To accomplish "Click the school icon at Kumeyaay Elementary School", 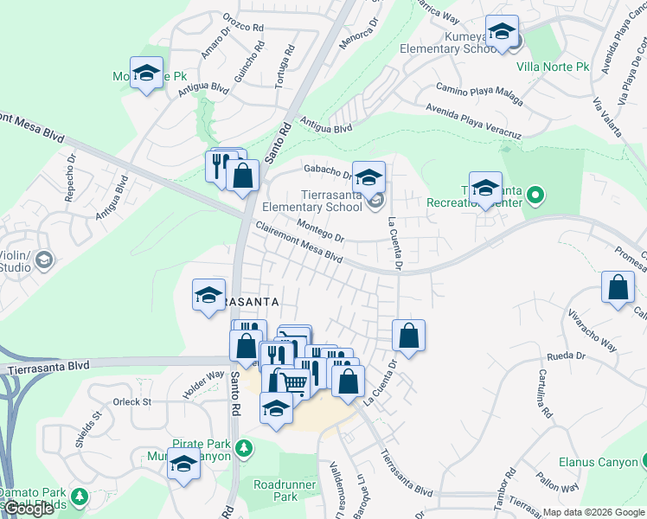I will point(502,33).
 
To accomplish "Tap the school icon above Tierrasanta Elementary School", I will point(369,178).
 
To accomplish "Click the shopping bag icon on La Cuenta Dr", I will point(408,336).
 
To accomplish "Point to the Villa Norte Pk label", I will point(552,66).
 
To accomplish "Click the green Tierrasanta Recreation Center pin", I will point(535,195).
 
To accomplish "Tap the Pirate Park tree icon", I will point(246,447).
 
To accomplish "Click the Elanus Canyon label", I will point(598,462).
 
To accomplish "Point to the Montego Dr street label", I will point(321,230).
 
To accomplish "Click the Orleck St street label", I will point(132,401).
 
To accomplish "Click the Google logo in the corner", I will point(29,509).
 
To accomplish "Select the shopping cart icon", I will point(294,381).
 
